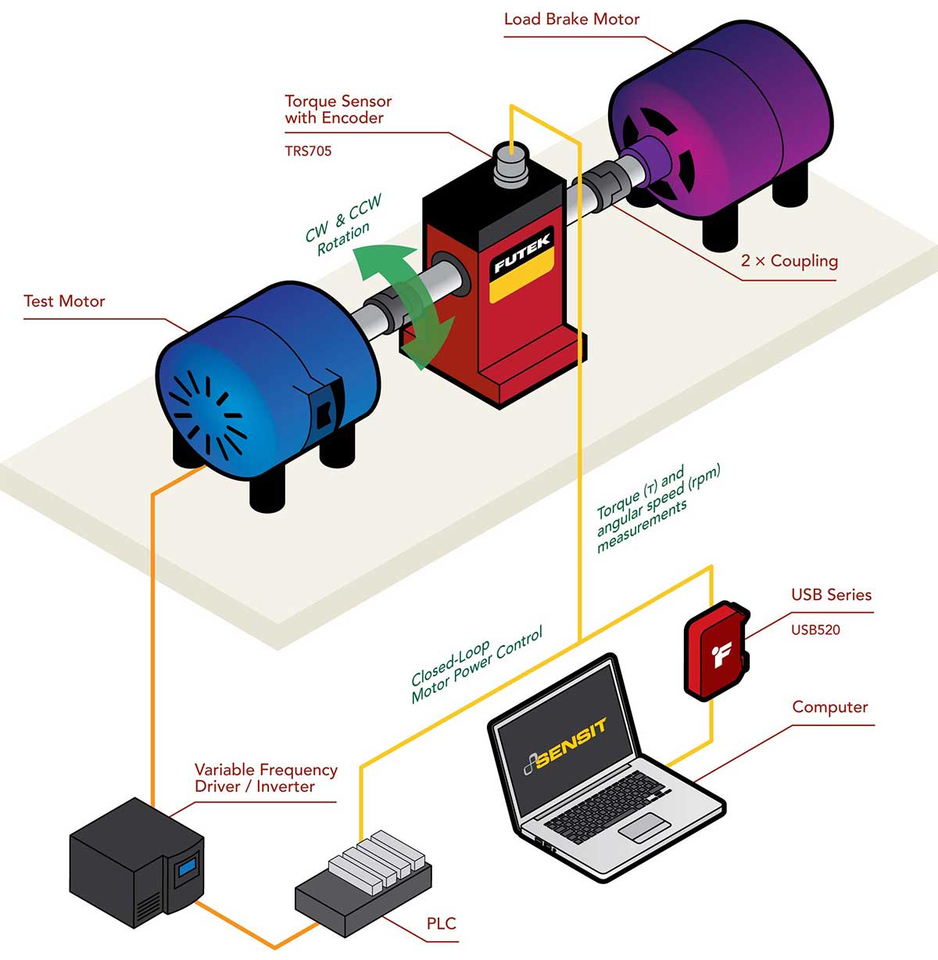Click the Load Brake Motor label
(571, 20)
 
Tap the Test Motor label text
(64, 302)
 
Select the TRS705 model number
(308, 152)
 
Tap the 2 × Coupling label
(789, 261)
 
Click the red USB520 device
(717, 650)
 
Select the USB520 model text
(815, 630)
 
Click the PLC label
(441, 924)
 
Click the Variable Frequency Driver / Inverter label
(266, 779)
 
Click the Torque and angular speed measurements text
(657, 508)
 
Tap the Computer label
(829, 707)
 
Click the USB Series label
(831, 595)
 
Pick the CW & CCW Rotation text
(343, 224)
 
